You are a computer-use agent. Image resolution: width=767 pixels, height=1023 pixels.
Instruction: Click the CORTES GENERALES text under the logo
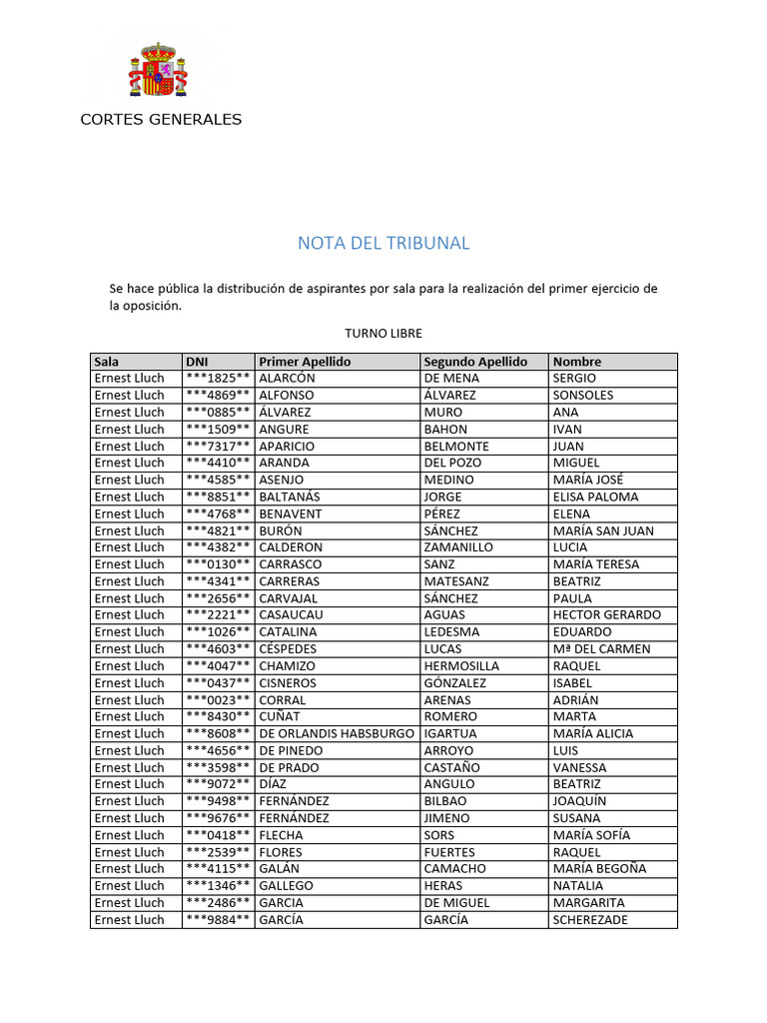point(161,120)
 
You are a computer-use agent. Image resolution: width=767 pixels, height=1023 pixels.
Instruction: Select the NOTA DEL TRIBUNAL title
point(383,243)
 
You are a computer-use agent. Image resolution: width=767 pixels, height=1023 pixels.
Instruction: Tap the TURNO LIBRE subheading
point(383,333)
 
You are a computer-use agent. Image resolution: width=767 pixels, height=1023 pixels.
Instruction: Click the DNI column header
point(197,362)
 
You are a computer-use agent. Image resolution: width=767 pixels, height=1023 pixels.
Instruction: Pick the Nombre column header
point(577,362)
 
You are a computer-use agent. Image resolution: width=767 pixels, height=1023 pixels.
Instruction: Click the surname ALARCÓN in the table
point(287,379)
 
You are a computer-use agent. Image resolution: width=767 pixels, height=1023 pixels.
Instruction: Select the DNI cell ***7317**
point(217,447)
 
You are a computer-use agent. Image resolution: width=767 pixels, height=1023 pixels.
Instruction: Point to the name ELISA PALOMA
point(595,497)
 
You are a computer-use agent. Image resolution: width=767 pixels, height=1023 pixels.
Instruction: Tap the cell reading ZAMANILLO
point(458,547)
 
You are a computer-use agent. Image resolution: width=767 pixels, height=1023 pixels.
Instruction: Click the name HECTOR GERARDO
point(606,615)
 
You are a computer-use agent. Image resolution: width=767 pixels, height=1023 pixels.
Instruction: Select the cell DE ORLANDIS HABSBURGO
point(337,733)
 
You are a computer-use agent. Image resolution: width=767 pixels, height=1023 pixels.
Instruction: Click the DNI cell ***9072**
point(217,784)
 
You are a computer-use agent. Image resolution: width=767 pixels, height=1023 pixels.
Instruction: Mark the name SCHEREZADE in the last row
point(590,920)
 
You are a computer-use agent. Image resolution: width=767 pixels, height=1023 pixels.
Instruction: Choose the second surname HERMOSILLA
point(461,666)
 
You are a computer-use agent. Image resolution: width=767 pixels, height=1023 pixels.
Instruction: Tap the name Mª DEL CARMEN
point(601,649)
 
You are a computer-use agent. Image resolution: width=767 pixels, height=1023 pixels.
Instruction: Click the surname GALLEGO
point(286,886)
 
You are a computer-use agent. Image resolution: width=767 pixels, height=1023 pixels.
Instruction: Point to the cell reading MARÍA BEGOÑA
point(599,869)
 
